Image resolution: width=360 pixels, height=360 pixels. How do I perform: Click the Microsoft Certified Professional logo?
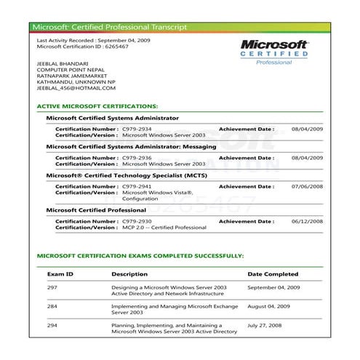point(274,52)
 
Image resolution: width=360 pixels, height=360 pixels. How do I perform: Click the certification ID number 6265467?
point(119,46)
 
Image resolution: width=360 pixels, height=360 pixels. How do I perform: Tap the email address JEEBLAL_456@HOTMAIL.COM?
point(76,89)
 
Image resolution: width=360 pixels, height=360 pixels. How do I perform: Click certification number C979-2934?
point(136,129)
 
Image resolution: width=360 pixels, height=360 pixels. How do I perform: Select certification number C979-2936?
point(136,157)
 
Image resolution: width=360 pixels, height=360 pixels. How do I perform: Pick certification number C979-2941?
point(136,186)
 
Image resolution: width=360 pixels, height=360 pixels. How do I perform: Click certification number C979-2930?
point(136,220)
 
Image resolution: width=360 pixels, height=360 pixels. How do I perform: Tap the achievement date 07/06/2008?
point(306,186)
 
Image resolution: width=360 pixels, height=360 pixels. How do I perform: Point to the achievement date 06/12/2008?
point(306,220)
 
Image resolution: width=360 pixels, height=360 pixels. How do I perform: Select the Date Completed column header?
point(273,274)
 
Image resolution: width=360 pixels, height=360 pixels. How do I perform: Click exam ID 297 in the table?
point(52,288)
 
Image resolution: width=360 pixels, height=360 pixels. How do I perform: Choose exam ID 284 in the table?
point(52,307)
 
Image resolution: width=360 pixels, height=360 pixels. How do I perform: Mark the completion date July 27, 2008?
point(266,326)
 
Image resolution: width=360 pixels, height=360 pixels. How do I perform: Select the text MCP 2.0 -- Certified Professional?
point(164,227)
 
